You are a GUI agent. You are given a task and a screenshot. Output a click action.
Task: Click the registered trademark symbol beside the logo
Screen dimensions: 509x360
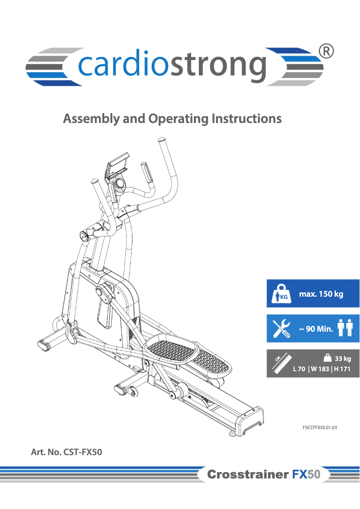326,52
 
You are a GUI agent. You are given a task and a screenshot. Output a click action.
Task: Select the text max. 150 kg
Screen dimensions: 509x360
321,294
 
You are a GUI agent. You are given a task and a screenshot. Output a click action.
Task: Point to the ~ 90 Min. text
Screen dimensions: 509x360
316,329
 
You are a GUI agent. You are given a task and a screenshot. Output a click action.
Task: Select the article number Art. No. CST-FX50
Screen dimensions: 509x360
66,452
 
